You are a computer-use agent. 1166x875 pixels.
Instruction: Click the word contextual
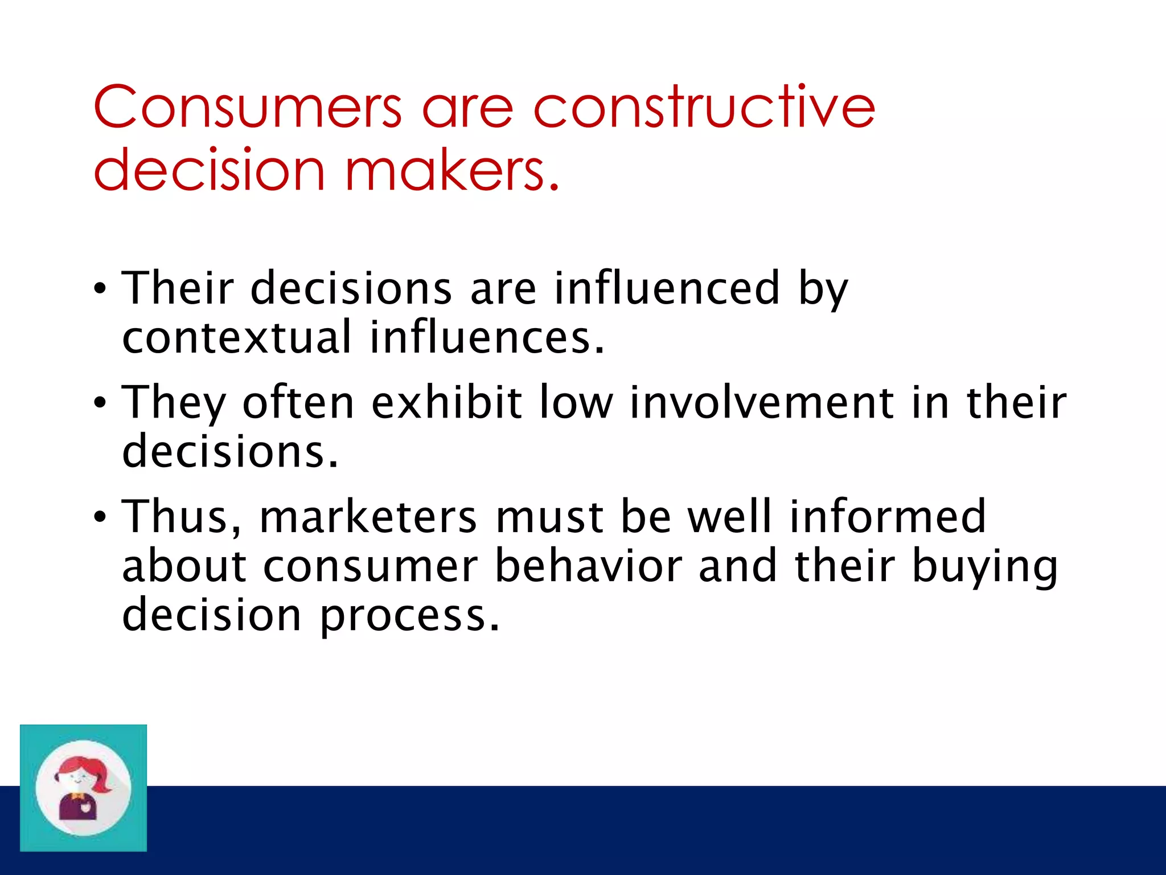tap(237, 337)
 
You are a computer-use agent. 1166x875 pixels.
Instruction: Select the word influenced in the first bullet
tap(667, 288)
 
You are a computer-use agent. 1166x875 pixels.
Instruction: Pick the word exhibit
tap(447, 402)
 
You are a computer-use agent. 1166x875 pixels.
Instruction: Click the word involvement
tap(762, 402)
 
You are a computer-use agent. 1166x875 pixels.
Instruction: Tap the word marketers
tap(368, 517)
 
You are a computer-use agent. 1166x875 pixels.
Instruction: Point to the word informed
tap(888, 516)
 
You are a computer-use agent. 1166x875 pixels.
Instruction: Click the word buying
tap(984, 567)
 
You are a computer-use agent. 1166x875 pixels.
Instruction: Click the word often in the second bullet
tap(299, 402)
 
